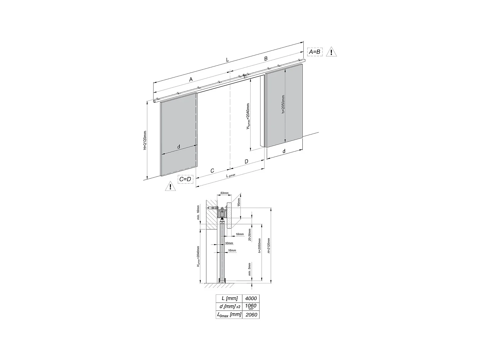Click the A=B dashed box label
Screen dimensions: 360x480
coord(314,52)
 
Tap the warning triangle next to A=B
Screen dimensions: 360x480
coord(331,52)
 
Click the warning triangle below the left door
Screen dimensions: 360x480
coord(170,187)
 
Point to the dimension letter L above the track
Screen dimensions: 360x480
coord(228,60)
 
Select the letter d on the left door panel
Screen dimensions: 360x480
coord(179,147)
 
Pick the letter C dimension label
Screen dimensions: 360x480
coord(212,171)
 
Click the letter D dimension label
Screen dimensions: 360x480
coord(246,162)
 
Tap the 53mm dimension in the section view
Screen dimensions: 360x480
coord(225,193)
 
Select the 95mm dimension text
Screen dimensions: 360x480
coord(239,202)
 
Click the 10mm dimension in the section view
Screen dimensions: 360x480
coord(229,243)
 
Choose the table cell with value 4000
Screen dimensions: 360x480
coord(251,298)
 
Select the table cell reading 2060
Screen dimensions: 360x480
coord(251,315)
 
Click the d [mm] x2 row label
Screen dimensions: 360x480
coord(228,307)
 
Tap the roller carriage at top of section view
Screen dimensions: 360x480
coord(221,213)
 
